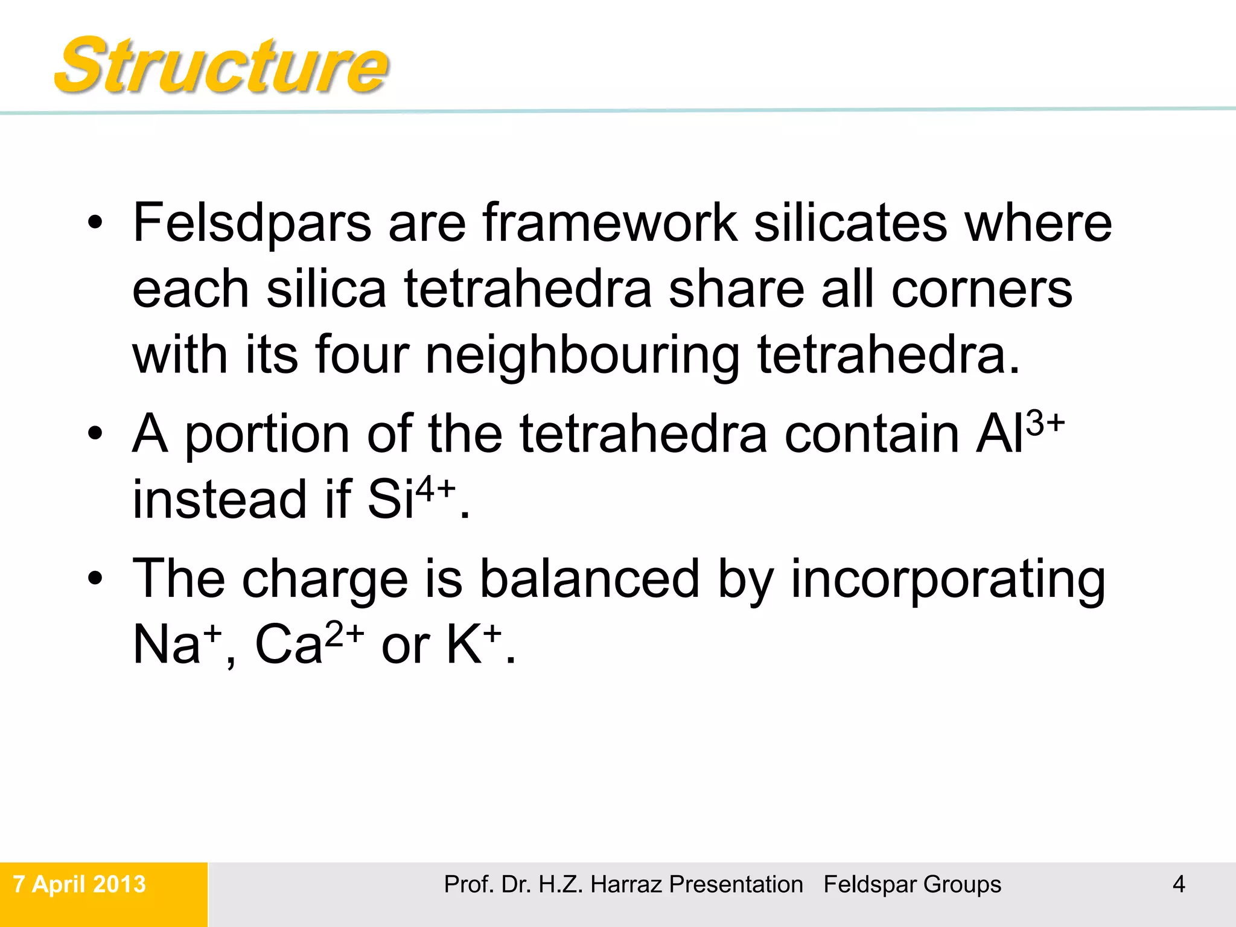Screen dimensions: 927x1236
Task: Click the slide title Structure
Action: [x=221, y=65]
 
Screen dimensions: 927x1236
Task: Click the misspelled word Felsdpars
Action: [x=252, y=223]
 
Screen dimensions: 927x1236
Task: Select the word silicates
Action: [x=851, y=223]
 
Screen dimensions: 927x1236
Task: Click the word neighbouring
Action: [x=582, y=356]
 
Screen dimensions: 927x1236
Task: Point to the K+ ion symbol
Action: [x=474, y=643]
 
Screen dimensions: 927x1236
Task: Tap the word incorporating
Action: [x=948, y=579]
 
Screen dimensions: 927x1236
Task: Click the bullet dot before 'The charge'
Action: [x=95, y=578]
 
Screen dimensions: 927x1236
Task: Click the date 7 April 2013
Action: [x=80, y=884]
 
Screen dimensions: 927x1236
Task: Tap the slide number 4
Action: [x=1179, y=884]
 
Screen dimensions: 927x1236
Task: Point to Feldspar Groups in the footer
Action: [x=912, y=885]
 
